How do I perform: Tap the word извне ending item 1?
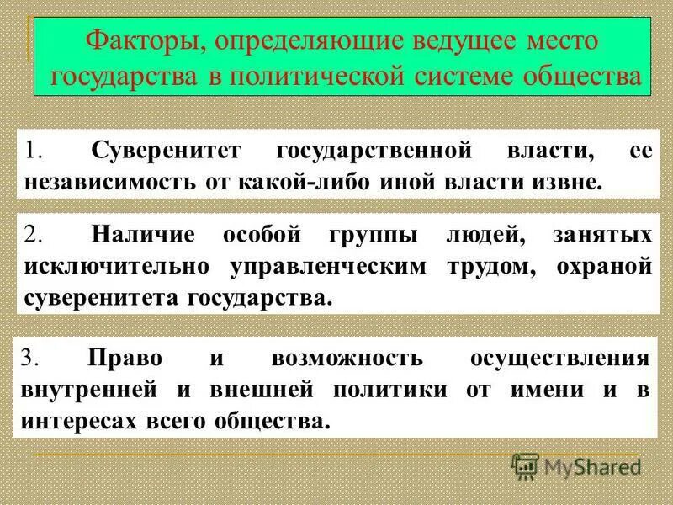click(568, 182)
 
